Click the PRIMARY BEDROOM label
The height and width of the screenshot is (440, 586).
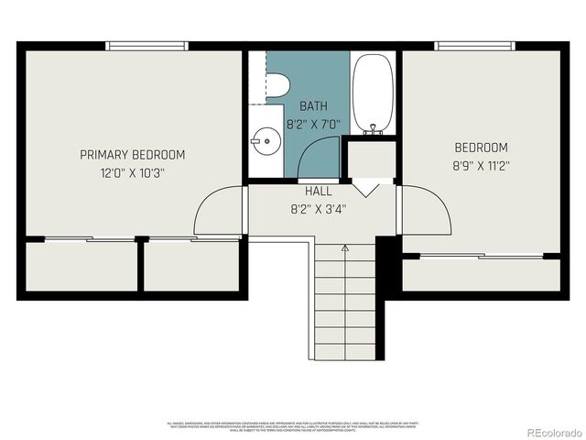pos(133,154)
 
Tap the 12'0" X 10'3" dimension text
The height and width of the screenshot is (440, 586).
pos(133,171)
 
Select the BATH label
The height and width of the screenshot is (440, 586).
pos(312,106)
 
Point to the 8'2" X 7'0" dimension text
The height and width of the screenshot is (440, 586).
pos(312,124)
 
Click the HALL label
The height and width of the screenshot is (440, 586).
pos(318,192)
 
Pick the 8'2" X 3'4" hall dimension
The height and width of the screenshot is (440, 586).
pos(318,208)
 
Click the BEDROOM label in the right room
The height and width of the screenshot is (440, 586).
pos(481,148)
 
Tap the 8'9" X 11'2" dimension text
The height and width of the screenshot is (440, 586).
pos(481,165)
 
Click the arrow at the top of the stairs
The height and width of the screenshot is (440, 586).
pos(344,247)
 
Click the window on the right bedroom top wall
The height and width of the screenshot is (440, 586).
pos(475,46)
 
